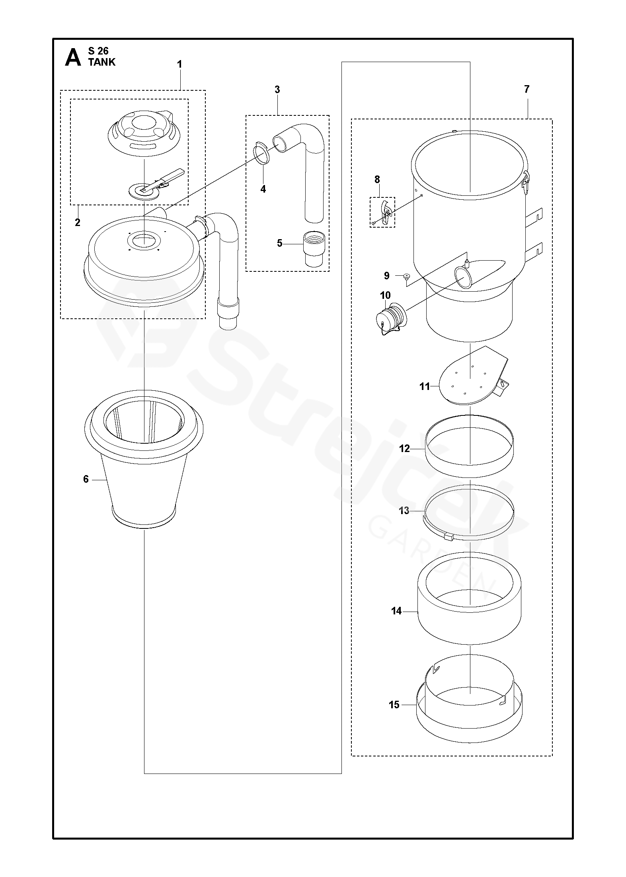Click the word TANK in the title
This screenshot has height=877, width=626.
click(102, 62)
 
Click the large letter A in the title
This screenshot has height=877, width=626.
click(73, 58)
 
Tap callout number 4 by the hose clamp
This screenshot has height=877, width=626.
click(263, 189)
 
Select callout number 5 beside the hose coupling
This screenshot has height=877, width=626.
click(280, 243)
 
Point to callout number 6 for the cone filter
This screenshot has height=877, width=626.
click(86, 479)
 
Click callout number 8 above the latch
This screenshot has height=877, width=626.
click(377, 179)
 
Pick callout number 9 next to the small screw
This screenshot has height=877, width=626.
click(386, 275)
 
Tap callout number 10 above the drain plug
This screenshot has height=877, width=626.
click(386, 295)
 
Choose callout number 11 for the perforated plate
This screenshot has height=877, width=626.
click(425, 386)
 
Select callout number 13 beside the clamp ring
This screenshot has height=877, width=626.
click(404, 511)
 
